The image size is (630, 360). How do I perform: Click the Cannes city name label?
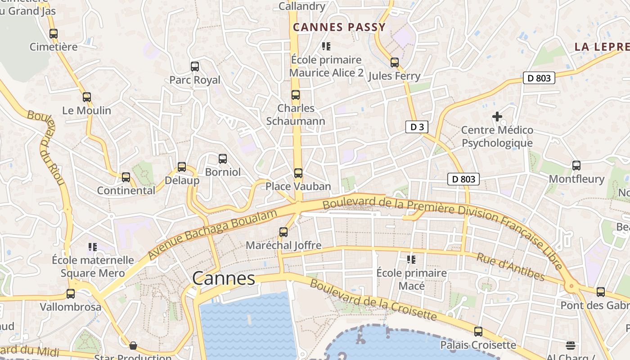point(224,279)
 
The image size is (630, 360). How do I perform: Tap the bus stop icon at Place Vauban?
point(298,173)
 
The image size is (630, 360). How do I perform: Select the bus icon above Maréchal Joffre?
point(283,232)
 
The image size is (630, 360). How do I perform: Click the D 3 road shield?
point(417,127)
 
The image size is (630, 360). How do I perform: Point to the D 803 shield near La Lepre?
point(539,78)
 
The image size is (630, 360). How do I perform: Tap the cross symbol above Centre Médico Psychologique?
point(497,117)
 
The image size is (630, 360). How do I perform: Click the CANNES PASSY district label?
point(339,27)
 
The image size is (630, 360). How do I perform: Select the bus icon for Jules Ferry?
point(395,63)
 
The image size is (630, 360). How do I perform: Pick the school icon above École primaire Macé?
point(411,260)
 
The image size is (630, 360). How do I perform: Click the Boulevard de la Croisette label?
point(373,300)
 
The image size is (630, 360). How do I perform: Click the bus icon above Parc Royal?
point(195,67)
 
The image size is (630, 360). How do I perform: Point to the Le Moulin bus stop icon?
point(87,97)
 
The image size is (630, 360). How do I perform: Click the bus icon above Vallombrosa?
point(71,294)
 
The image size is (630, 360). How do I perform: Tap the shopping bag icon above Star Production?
point(133,346)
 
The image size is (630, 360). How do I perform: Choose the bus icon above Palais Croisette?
point(478,332)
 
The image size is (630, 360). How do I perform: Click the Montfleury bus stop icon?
point(576,166)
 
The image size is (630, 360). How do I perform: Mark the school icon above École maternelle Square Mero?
point(93,247)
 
